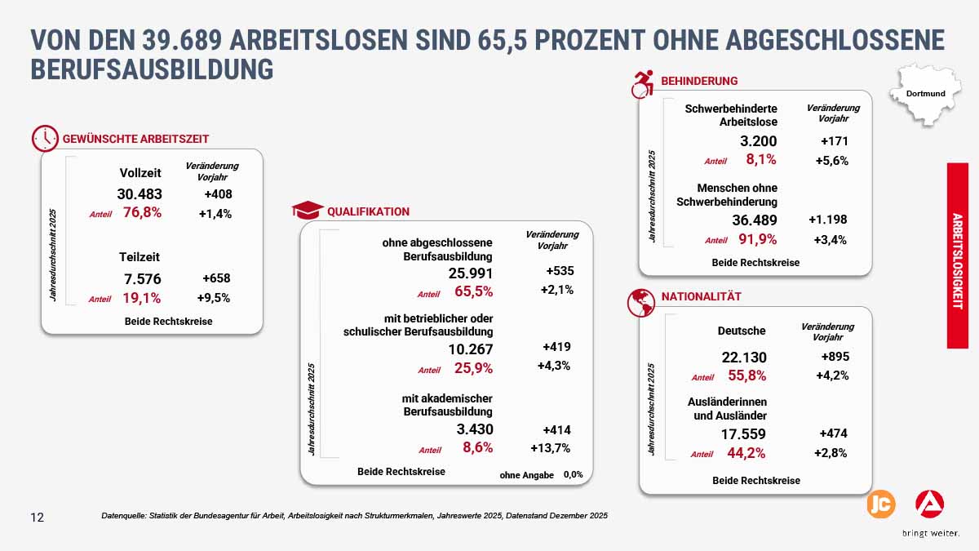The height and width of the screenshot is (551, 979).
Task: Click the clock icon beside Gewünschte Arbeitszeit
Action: coord(45,139)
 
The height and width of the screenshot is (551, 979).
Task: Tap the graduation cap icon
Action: coord(307,211)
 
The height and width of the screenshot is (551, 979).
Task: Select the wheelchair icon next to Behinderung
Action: coord(644,82)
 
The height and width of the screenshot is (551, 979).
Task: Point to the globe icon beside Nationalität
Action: coord(640,301)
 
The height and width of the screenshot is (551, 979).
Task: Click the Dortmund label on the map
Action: coord(925,93)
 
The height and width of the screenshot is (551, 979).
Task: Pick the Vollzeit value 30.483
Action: coord(140,194)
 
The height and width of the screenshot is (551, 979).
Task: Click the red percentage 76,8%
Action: coord(142,213)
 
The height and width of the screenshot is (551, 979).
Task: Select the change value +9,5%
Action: coord(214,297)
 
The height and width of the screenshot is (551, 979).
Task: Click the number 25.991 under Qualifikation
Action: coord(471,273)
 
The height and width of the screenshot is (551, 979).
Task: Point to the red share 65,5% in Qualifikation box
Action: coord(473,291)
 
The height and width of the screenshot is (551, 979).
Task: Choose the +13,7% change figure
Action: coord(550,448)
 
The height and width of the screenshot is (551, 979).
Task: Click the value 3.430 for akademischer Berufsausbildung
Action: coord(473,429)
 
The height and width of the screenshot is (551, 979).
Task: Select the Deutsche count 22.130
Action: coord(744,358)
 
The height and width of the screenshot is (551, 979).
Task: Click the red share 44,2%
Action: coord(746,453)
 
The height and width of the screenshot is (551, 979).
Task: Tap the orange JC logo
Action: coord(880,504)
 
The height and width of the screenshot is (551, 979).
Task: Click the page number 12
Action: coord(38,518)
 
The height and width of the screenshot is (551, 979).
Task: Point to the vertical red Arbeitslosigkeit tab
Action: coord(957,256)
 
